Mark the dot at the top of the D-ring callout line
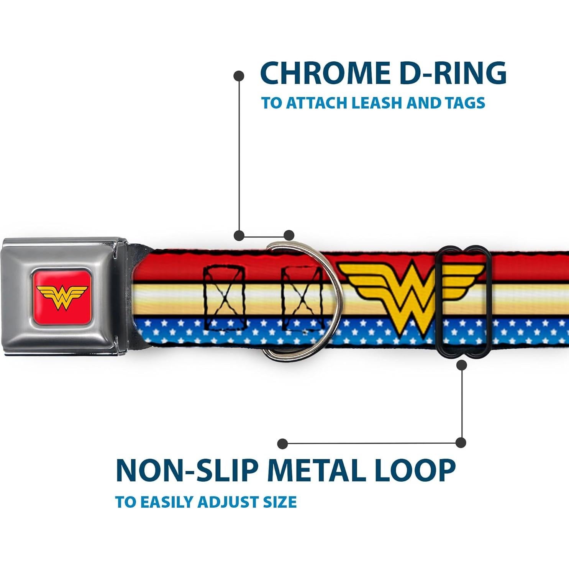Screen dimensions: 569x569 (239, 76)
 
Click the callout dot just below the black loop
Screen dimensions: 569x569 (462, 365)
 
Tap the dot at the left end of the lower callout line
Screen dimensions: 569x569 (283, 443)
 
